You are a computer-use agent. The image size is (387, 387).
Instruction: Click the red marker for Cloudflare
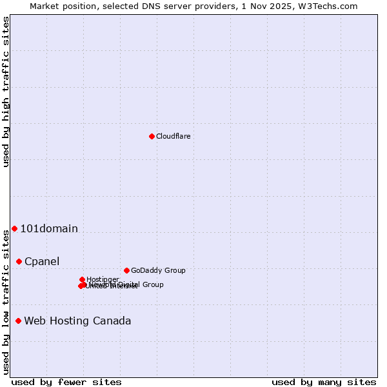pyautogui.click(x=152, y=136)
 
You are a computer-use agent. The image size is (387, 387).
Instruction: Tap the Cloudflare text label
pyautogui.click(x=173, y=136)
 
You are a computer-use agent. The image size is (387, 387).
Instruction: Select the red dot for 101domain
pyautogui.click(x=14, y=228)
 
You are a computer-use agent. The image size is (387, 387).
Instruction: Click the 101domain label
pyautogui.click(x=49, y=228)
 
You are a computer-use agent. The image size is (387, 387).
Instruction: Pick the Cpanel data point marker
pyautogui.click(x=19, y=261)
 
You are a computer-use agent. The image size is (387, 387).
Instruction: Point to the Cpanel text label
pyautogui.click(x=42, y=261)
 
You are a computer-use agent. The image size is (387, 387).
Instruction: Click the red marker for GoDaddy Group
pyautogui.click(x=126, y=270)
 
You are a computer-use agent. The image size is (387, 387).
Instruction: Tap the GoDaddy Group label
pyautogui.click(x=158, y=270)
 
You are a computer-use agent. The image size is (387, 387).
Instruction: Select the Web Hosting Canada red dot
pyautogui.click(x=18, y=321)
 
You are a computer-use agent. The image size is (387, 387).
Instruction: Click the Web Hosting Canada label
pyautogui.click(x=77, y=321)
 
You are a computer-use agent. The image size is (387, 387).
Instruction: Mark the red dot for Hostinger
pyautogui.click(x=82, y=279)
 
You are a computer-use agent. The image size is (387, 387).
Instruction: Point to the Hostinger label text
pyautogui.click(x=103, y=279)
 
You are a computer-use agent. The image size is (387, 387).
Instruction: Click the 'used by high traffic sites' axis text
pyautogui.click(x=6, y=92)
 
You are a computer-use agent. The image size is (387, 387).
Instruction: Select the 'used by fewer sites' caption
pyautogui.click(x=66, y=382)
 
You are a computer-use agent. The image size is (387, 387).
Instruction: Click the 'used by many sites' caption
pyautogui.click(x=324, y=382)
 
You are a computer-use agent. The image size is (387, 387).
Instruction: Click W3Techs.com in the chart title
pyautogui.click(x=332, y=6)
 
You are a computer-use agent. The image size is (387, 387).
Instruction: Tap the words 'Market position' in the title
pyautogui.click(x=64, y=6)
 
